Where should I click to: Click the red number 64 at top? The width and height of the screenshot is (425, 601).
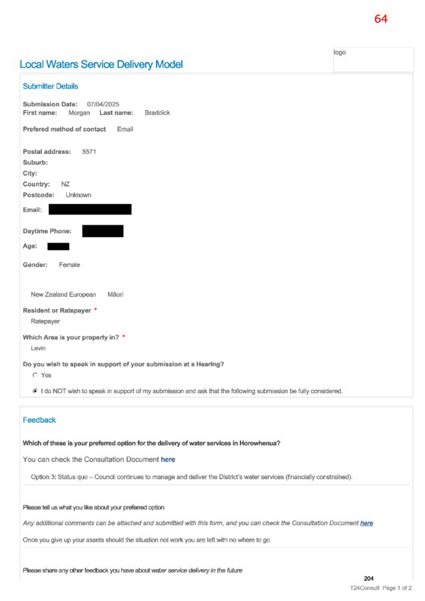[x=380, y=19]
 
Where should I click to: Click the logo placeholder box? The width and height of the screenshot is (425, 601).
[x=373, y=59]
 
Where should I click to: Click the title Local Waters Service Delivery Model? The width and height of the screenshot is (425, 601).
[x=101, y=65]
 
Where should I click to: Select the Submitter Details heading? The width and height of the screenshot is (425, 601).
[x=51, y=86]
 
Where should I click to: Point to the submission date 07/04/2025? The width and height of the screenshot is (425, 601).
[x=103, y=104]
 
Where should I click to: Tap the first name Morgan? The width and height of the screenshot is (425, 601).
[x=79, y=113]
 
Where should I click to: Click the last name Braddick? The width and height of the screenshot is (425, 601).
[x=157, y=113]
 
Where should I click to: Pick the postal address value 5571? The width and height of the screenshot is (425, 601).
[x=89, y=152]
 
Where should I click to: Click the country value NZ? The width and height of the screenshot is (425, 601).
[x=65, y=185]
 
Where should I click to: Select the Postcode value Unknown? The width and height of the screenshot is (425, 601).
[x=79, y=195]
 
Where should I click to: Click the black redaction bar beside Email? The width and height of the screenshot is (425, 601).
[x=90, y=209]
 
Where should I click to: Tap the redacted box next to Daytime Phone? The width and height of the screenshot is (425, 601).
[x=103, y=231]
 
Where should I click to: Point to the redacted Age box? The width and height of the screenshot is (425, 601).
[x=58, y=247]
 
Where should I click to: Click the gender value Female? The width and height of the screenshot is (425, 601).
[x=69, y=265]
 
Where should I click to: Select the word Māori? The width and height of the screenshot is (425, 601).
[x=115, y=295]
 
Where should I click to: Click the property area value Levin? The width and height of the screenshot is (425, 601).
[x=39, y=348]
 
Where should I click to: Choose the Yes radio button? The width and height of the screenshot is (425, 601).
[x=35, y=375]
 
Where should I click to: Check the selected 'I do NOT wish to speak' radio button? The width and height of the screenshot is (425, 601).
[x=35, y=391]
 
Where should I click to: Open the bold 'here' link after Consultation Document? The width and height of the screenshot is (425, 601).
[x=168, y=460]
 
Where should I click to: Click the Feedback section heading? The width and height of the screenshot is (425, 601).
[x=39, y=420]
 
